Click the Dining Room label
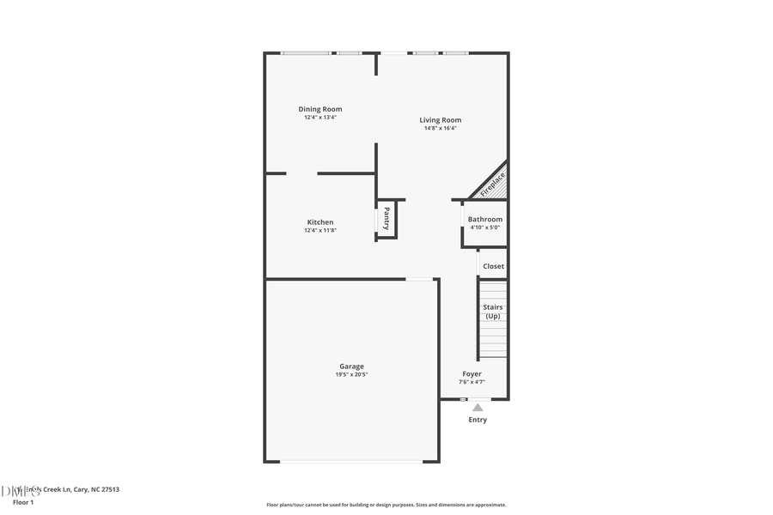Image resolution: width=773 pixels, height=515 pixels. tap(320, 109)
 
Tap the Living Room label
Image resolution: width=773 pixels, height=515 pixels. tap(441, 120)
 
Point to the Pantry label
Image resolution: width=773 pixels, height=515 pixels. tap(386, 219)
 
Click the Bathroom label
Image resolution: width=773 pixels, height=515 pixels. tap(485, 220)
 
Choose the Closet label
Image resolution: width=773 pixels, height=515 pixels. tap(494, 266)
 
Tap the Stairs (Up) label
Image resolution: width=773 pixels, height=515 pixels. tap(493, 312)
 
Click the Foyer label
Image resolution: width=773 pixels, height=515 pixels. tap(472, 374)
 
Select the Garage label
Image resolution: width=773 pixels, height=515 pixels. tap(351, 367)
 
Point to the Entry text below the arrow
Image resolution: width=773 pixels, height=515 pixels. tap(478, 420)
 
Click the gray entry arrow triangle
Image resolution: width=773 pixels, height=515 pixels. tap(478, 408)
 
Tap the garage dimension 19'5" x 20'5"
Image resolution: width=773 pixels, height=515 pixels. tap(351, 375)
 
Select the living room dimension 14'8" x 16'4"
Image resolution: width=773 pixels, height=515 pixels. tap(441, 129)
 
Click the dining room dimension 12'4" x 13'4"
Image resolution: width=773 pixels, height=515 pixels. tap(320, 118)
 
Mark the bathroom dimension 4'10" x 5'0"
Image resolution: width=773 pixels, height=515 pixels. tap(485, 227)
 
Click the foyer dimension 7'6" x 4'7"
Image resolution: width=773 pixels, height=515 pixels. tap(472, 382)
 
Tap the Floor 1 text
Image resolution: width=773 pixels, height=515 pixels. tap(23, 501)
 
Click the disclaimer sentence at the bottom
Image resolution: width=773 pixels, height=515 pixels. tap(386, 505)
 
